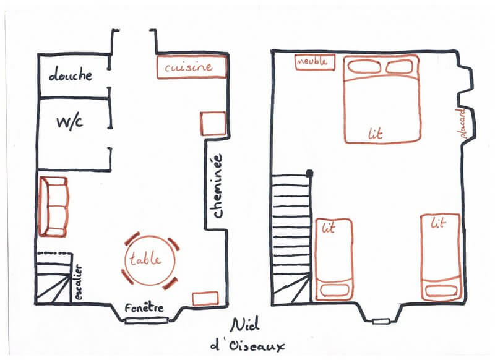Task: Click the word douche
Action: [71, 74]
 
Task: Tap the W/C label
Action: [70, 122]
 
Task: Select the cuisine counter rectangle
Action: [192, 67]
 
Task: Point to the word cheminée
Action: [218, 186]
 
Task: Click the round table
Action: [150, 260]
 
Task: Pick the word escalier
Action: [79, 282]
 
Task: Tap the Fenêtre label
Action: [144, 307]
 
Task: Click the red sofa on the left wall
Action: [53, 207]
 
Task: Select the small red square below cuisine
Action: [213, 123]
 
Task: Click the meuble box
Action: [315, 62]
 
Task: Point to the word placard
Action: [461, 123]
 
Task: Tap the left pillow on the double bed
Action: [364, 67]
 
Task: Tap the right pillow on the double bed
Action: [399, 67]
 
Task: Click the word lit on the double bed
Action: [376, 134]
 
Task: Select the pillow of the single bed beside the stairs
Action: [335, 290]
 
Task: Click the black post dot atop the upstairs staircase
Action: [309, 173]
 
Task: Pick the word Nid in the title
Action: [245, 324]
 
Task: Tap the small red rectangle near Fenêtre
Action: [205, 299]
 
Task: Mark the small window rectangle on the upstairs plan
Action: [381, 322]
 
